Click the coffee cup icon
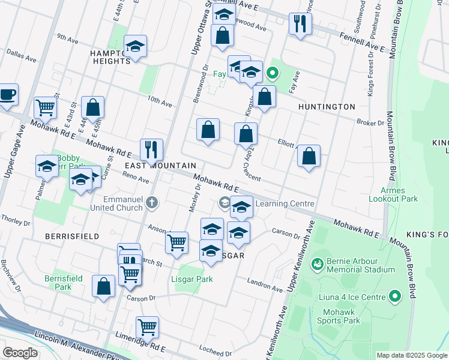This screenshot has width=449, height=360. tap(8, 94)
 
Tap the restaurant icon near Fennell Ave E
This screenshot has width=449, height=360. tap(299, 24)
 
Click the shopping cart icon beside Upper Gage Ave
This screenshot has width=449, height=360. tap(45, 107)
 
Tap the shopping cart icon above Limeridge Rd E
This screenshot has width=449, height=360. tap(147, 327)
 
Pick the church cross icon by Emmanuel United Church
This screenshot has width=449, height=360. tap(151, 203)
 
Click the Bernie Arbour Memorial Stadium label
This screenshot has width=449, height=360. tap(360, 266)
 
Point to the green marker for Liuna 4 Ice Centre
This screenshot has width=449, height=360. tap(395, 296)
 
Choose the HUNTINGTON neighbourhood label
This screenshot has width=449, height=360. tap(327, 107)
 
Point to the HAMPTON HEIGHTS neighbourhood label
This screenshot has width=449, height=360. tap(110, 57)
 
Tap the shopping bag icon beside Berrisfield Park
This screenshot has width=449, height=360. tap(103, 286)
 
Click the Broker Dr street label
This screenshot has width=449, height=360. tap(370, 122)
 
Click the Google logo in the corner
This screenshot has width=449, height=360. tap(20, 353)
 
